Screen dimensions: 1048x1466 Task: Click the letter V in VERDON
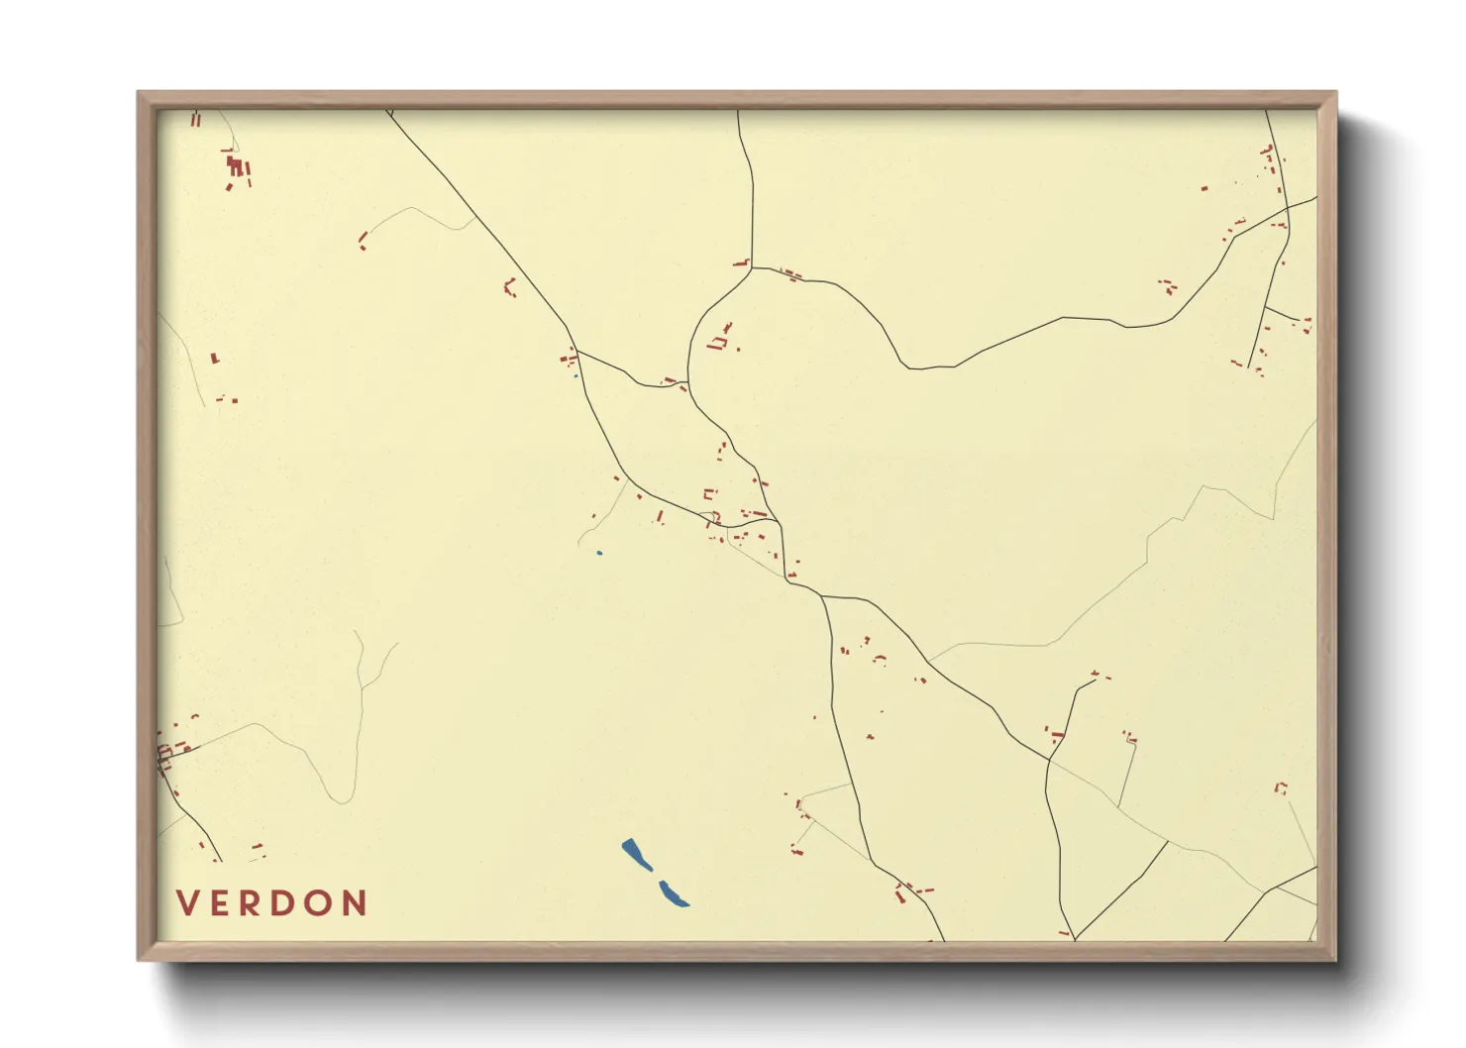click(187, 903)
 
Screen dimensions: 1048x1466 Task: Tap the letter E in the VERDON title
click(220, 903)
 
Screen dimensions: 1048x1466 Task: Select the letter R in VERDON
click(251, 903)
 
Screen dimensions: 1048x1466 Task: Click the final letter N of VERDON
click(356, 903)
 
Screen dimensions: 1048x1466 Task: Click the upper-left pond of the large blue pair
click(636, 854)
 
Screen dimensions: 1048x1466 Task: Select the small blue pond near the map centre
click(599, 553)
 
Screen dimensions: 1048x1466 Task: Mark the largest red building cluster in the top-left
click(237, 168)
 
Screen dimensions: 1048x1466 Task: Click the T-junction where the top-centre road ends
click(752, 267)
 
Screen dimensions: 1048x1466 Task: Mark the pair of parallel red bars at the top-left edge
click(195, 120)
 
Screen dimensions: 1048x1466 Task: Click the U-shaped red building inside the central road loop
click(716, 344)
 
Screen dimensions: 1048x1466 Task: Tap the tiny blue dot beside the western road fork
click(576, 375)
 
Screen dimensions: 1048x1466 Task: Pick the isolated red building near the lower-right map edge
click(1280, 787)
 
